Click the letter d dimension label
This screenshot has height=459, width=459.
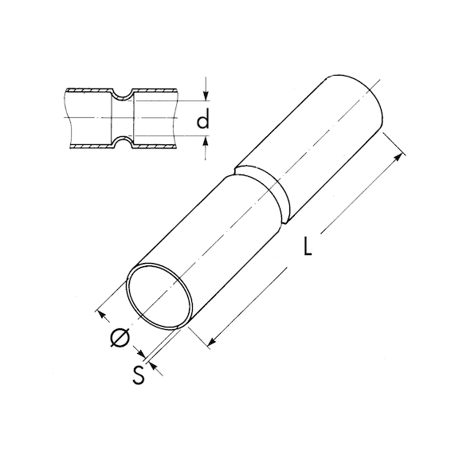(x=203, y=118)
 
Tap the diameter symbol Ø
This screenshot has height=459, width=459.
(x=120, y=338)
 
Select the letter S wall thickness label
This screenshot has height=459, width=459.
(x=138, y=375)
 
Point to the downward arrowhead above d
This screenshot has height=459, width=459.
(x=206, y=96)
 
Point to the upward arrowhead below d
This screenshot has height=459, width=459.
(x=206, y=141)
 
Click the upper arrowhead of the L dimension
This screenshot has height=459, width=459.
(x=398, y=157)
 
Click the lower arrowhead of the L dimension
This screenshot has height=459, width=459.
(x=212, y=341)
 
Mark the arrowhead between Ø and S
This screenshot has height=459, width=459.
(x=141, y=353)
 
